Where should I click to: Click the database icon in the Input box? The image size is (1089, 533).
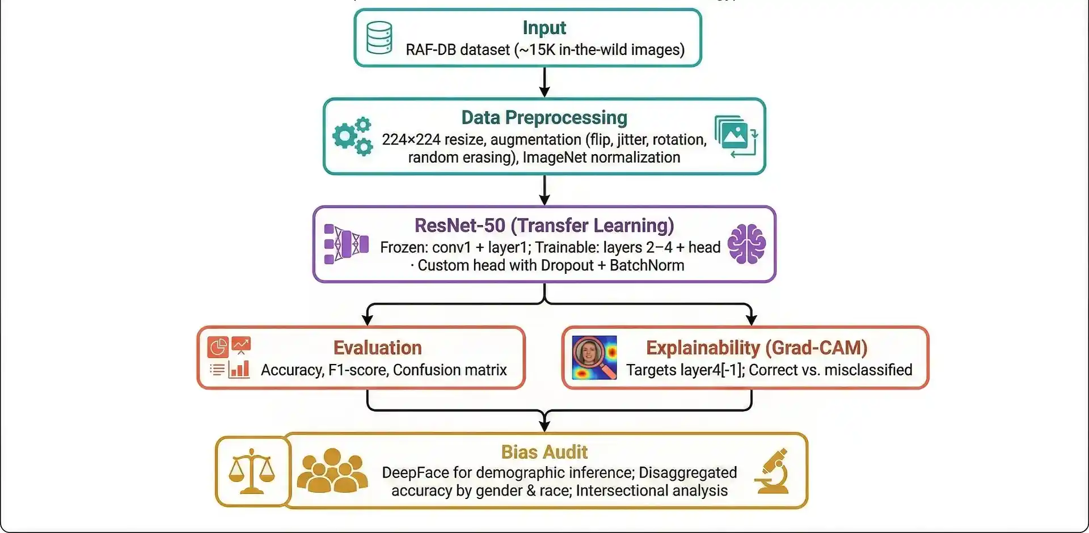pyautogui.click(x=379, y=37)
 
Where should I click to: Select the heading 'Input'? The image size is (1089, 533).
pyautogui.click(x=544, y=28)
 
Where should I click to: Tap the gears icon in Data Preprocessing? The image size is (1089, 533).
pyautogui.click(x=352, y=136)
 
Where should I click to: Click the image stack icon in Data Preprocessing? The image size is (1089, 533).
pyautogui.click(x=736, y=136)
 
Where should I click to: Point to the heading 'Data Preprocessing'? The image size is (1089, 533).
pyautogui.click(x=544, y=117)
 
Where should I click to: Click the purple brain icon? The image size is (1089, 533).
pyautogui.click(x=746, y=244)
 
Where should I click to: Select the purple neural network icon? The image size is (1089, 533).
pyautogui.click(x=346, y=244)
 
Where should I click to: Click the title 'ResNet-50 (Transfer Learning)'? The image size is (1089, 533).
pyautogui.click(x=544, y=225)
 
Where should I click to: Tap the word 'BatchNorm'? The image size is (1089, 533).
pyautogui.click(x=647, y=265)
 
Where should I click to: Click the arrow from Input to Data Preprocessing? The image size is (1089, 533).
pyautogui.click(x=544, y=82)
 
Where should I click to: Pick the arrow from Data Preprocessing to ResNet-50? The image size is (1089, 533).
pyautogui.click(x=544, y=190)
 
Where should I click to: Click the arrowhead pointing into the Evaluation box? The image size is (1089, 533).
pyautogui.click(x=368, y=319)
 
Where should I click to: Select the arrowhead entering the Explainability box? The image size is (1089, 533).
pyautogui.click(x=752, y=319)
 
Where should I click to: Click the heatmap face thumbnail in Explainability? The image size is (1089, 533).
pyautogui.click(x=594, y=357)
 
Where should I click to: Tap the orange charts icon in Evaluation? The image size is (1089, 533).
pyautogui.click(x=229, y=357)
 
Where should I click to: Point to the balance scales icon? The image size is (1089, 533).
pyautogui.click(x=252, y=471)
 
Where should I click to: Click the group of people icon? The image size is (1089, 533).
pyautogui.click(x=332, y=471)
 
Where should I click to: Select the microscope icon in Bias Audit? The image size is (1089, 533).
pyautogui.click(x=773, y=471)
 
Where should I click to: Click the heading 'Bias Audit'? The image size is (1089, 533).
pyautogui.click(x=544, y=452)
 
